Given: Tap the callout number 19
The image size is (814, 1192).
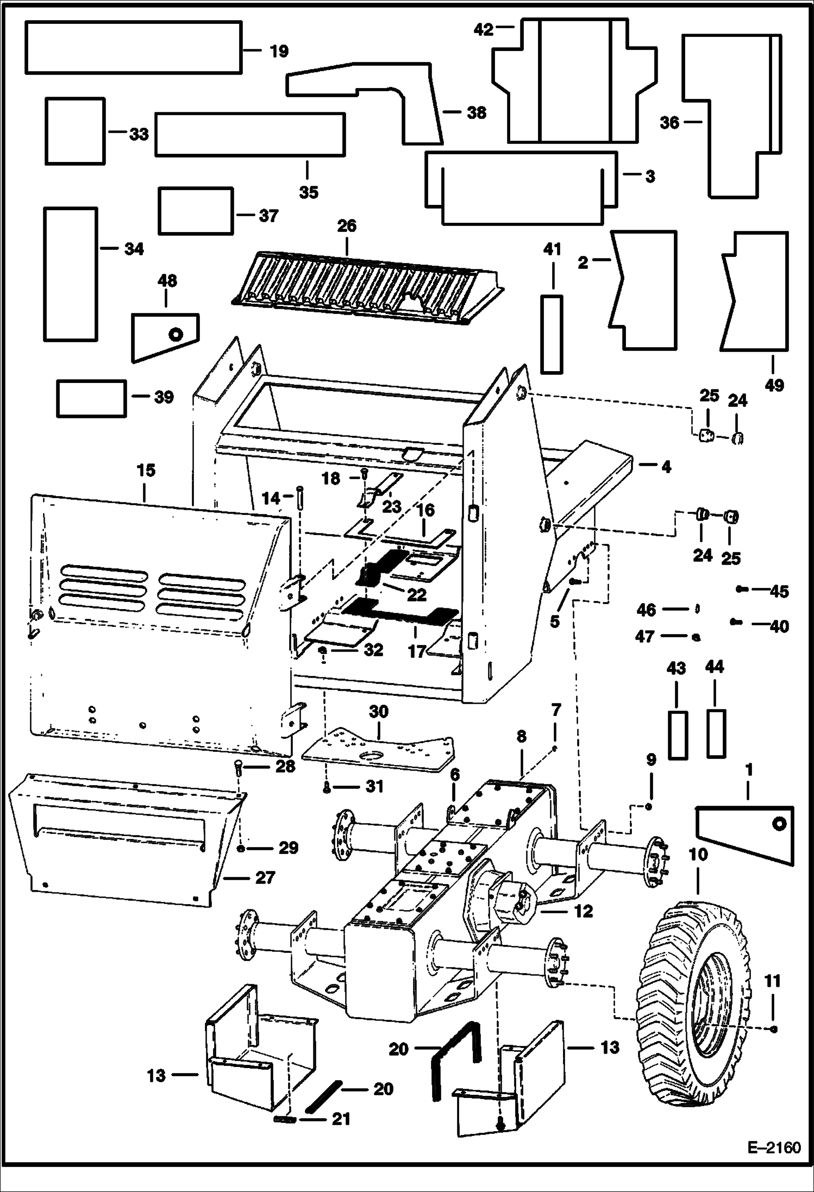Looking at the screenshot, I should (x=279, y=51).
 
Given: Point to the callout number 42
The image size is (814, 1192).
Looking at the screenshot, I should (x=483, y=29).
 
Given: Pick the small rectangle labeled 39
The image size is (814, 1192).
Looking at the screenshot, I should (x=91, y=398).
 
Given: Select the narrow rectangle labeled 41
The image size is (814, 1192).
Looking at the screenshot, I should (x=552, y=334).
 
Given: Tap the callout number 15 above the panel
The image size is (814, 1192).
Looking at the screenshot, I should (x=146, y=470).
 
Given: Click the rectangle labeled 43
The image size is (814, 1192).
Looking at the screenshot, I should (x=677, y=733).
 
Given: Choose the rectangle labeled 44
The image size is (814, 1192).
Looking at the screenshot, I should (x=715, y=733).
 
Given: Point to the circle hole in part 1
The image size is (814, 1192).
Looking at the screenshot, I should (x=780, y=824).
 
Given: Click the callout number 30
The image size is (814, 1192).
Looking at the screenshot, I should (x=378, y=711).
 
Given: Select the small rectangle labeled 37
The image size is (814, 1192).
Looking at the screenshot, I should (x=195, y=211).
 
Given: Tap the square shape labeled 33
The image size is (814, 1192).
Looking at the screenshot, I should (x=75, y=131).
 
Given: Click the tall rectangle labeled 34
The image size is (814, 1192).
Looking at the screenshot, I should (x=71, y=274).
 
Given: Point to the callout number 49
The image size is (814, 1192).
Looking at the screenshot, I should (x=774, y=385).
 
